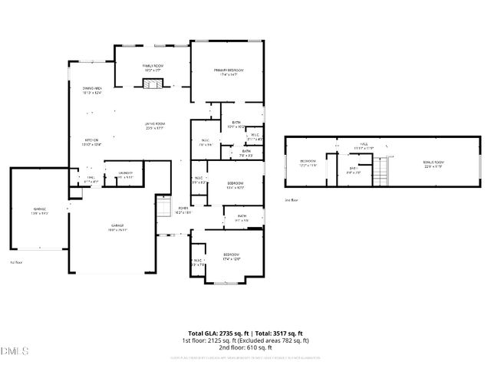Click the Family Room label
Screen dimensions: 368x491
click(151, 68)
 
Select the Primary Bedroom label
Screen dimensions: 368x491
click(230, 72)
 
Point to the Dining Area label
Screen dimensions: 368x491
click(93, 90)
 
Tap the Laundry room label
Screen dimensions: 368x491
click(125, 174)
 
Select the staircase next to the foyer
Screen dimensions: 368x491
click(163, 207)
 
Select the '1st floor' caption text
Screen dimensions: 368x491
click(15, 262)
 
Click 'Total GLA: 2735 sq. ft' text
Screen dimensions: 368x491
click(213, 333)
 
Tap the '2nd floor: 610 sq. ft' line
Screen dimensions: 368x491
click(245, 347)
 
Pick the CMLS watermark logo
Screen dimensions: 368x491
click(15, 351)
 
